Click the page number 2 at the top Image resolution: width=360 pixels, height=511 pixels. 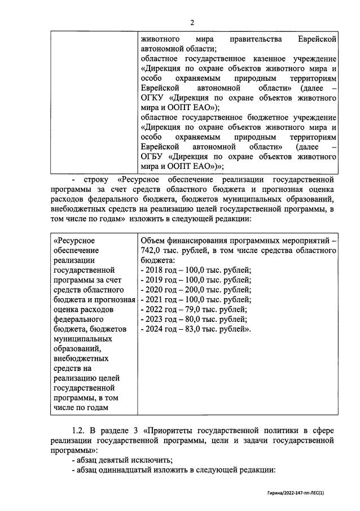pyautogui.click(x=192, y=23)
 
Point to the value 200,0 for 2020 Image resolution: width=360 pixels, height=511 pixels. pyautogui.click(x=187, y=289)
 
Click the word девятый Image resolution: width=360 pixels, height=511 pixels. pyautogui.click(x=115, y=461)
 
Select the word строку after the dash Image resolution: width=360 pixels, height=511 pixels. pyautogui.click(x=96, y=179)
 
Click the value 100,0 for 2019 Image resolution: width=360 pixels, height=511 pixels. pyautogui.click(x=187, y=279)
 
